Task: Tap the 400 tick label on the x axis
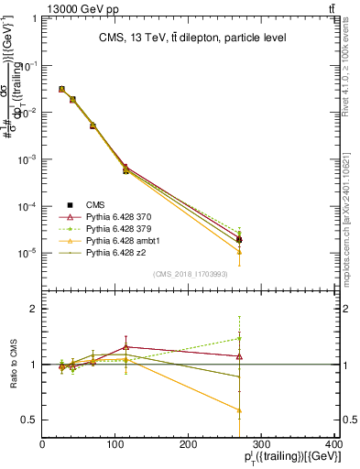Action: tap(334, 445)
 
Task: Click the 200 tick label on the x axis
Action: tap(189, 445)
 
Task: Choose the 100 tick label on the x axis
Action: tap(115, 445)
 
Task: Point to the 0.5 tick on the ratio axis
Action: tap(29, 420)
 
